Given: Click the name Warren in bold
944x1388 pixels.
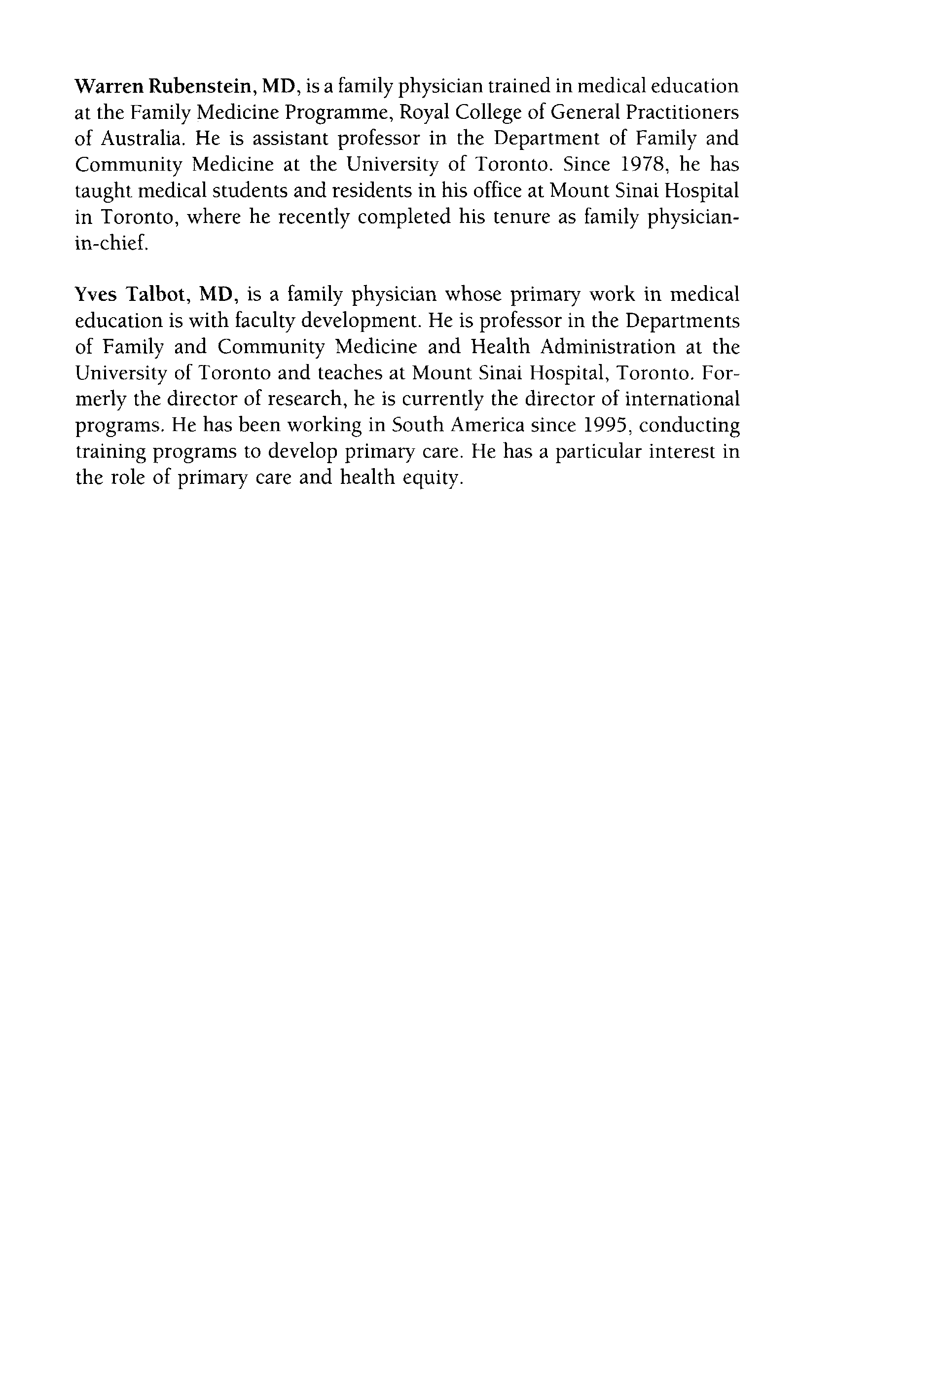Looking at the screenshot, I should coord(108,87).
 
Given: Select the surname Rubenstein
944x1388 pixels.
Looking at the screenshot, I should coord(199,87).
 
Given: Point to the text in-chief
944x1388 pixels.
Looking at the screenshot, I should coord(110,243).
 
